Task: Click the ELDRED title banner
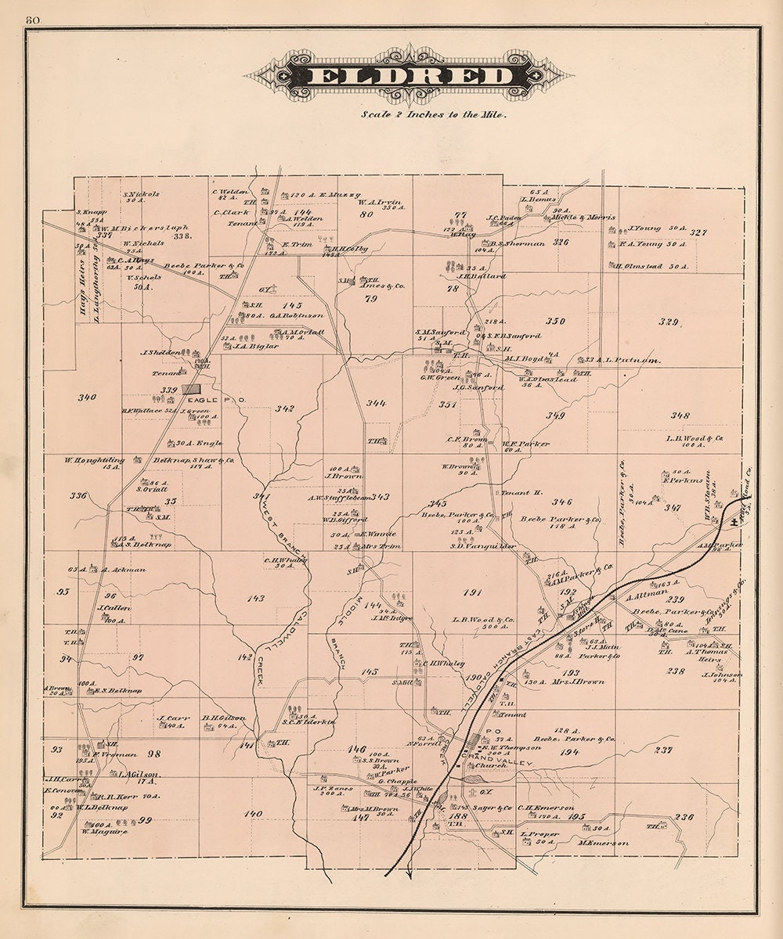coord(409,76)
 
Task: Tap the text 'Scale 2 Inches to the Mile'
coord(434,113)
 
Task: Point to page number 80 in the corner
coord(32,20)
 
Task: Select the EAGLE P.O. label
coord(227,400)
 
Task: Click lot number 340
coord(87,397)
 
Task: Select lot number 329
coord(669,322)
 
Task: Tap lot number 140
coord(252,814)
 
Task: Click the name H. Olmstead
coord(639,266)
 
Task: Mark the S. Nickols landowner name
coord(141,193)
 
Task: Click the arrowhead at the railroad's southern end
coord(409,875)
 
